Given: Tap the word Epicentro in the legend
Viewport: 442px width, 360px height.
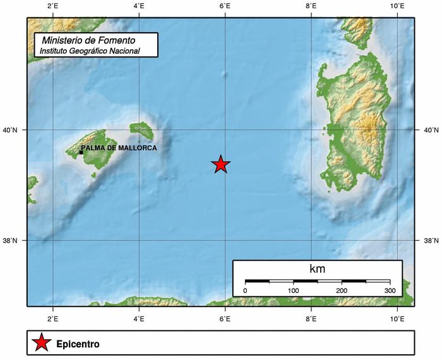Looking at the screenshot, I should coord(78,344).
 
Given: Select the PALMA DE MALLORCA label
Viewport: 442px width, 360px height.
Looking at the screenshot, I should coord(119,148).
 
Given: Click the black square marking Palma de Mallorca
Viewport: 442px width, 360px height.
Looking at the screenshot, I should coord(81,152).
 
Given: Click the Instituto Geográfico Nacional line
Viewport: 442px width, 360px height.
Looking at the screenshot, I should coord(89,51).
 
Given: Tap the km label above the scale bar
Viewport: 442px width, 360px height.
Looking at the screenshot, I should coord(318,269).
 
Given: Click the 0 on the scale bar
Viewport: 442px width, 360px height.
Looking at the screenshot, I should coord(245,291).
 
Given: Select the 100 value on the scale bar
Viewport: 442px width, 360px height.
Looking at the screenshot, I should coord(293,291).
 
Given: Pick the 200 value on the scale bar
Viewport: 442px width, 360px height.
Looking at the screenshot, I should coord(342,291).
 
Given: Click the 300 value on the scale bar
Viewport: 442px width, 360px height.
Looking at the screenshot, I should coord(390,291).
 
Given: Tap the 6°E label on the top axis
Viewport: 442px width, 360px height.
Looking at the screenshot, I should coord(225,6).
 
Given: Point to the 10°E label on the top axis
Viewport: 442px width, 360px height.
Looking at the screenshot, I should coord(397,6).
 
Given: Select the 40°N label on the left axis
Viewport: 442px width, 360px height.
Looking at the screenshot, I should coord(13,130).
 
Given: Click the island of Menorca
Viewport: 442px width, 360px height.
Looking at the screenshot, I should coord(141,130).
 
